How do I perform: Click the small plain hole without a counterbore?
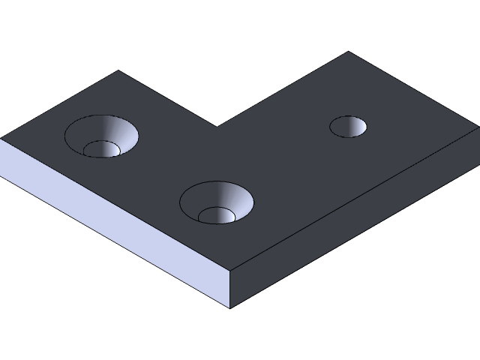click(x=348, y=127)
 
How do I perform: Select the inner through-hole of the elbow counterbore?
click(x=217, y=216)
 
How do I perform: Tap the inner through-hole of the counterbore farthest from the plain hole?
click(x=101, y=149)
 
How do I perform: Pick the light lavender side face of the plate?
click(x=112, y=217)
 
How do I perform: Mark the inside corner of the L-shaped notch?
click(x=217, y=127)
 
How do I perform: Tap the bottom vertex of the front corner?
click(x=229, y=307)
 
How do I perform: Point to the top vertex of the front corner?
click(x=229, y=268)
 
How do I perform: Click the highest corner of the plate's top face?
click(x=349, y=52)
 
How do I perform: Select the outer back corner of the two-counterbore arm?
click(x=118, y=71)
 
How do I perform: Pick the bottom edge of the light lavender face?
click(x=112, y=241)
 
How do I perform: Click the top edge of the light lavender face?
click(x=112, y=202)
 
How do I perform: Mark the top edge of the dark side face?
click(x=352, y=199)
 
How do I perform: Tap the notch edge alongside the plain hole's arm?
click(x=283, y=89)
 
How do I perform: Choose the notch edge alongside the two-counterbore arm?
click(x=168, y=99)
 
